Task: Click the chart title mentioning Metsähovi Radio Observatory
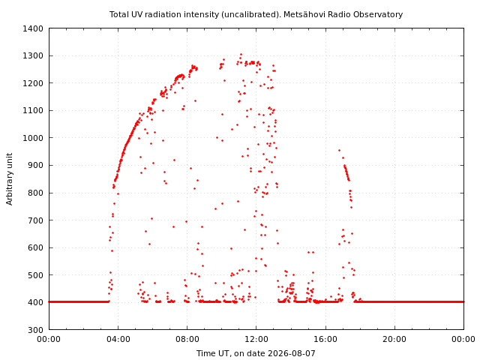[x=256, y=14]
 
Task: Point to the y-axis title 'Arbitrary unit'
[x=10, y=179]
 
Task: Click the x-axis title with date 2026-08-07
[x=256, y=353]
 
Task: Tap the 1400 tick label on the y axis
[x=33, y=28]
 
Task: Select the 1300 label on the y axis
[x=33, y=55]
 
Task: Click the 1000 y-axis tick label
[x=33, y=138]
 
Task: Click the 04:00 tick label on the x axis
[x=118, y=339]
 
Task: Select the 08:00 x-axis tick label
[x=187, y=339]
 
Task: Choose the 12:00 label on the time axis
[x=256, y=339]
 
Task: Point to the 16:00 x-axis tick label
[x=325, y=339]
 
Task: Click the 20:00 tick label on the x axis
[x=394, y=339]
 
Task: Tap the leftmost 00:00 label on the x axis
[x=49, y=339]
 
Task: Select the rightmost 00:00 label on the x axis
[x=463, y=339]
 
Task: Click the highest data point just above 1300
[x=241, y=55]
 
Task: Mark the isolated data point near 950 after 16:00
[x=339, y=150]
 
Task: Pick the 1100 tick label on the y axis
[x=33, y=110]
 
